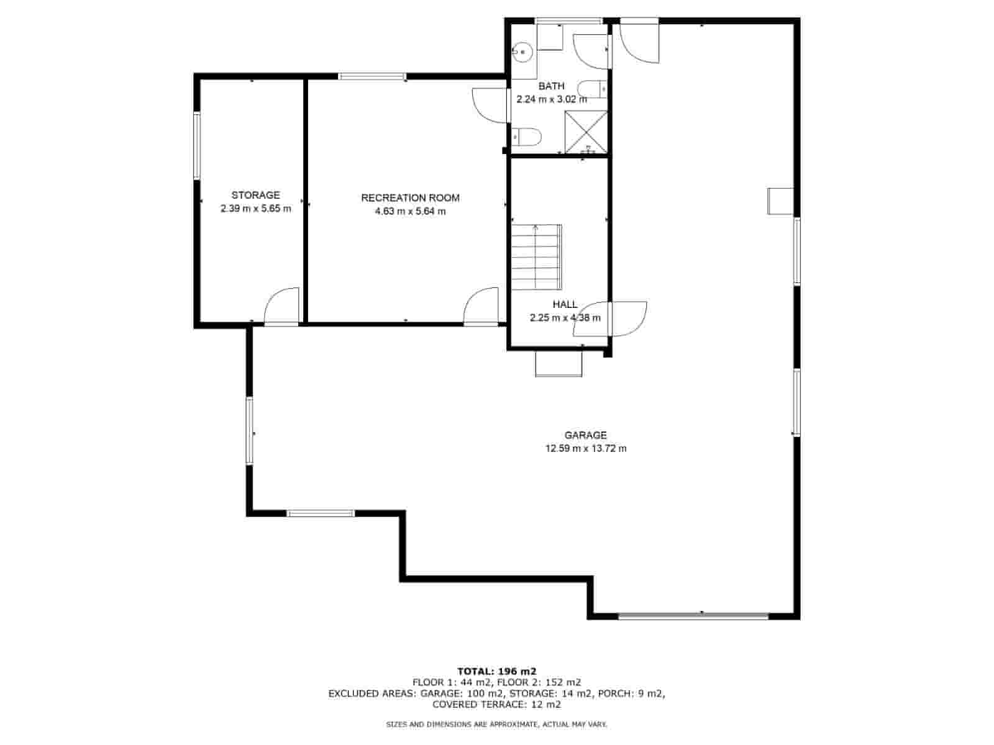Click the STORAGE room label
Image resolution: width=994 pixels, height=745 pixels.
tap(255, 195)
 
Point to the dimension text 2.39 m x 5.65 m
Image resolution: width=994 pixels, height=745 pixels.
tap(255, 209)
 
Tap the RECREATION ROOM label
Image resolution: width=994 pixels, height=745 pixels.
tap(410, 197)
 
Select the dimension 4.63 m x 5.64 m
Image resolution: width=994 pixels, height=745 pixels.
tap(410, 211)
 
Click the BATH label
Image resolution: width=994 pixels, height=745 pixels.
tap(551, 86)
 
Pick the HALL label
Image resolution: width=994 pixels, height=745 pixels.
tap(565, 304)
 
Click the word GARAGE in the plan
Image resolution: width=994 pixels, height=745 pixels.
tap(585, 435)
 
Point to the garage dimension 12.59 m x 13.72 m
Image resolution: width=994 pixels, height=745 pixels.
tap(586, 448)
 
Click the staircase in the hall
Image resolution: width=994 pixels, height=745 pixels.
tap(537, 257)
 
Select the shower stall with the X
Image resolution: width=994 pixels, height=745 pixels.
tap(586, 132)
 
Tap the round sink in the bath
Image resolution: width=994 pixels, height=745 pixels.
tap(522, 52)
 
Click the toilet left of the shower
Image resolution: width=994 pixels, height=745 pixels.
tap(527, 137)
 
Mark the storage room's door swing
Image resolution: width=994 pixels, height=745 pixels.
tap(281, 305)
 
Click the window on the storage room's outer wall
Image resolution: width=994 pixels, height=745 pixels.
tap(197, 146)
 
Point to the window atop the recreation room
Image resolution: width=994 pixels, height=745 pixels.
tap(372, 76)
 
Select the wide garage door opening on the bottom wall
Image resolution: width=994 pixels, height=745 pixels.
tap(693, 616)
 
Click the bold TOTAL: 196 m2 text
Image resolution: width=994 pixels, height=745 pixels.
tap(497, 671)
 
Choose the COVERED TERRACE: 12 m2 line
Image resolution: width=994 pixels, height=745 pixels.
tap(497, 704)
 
